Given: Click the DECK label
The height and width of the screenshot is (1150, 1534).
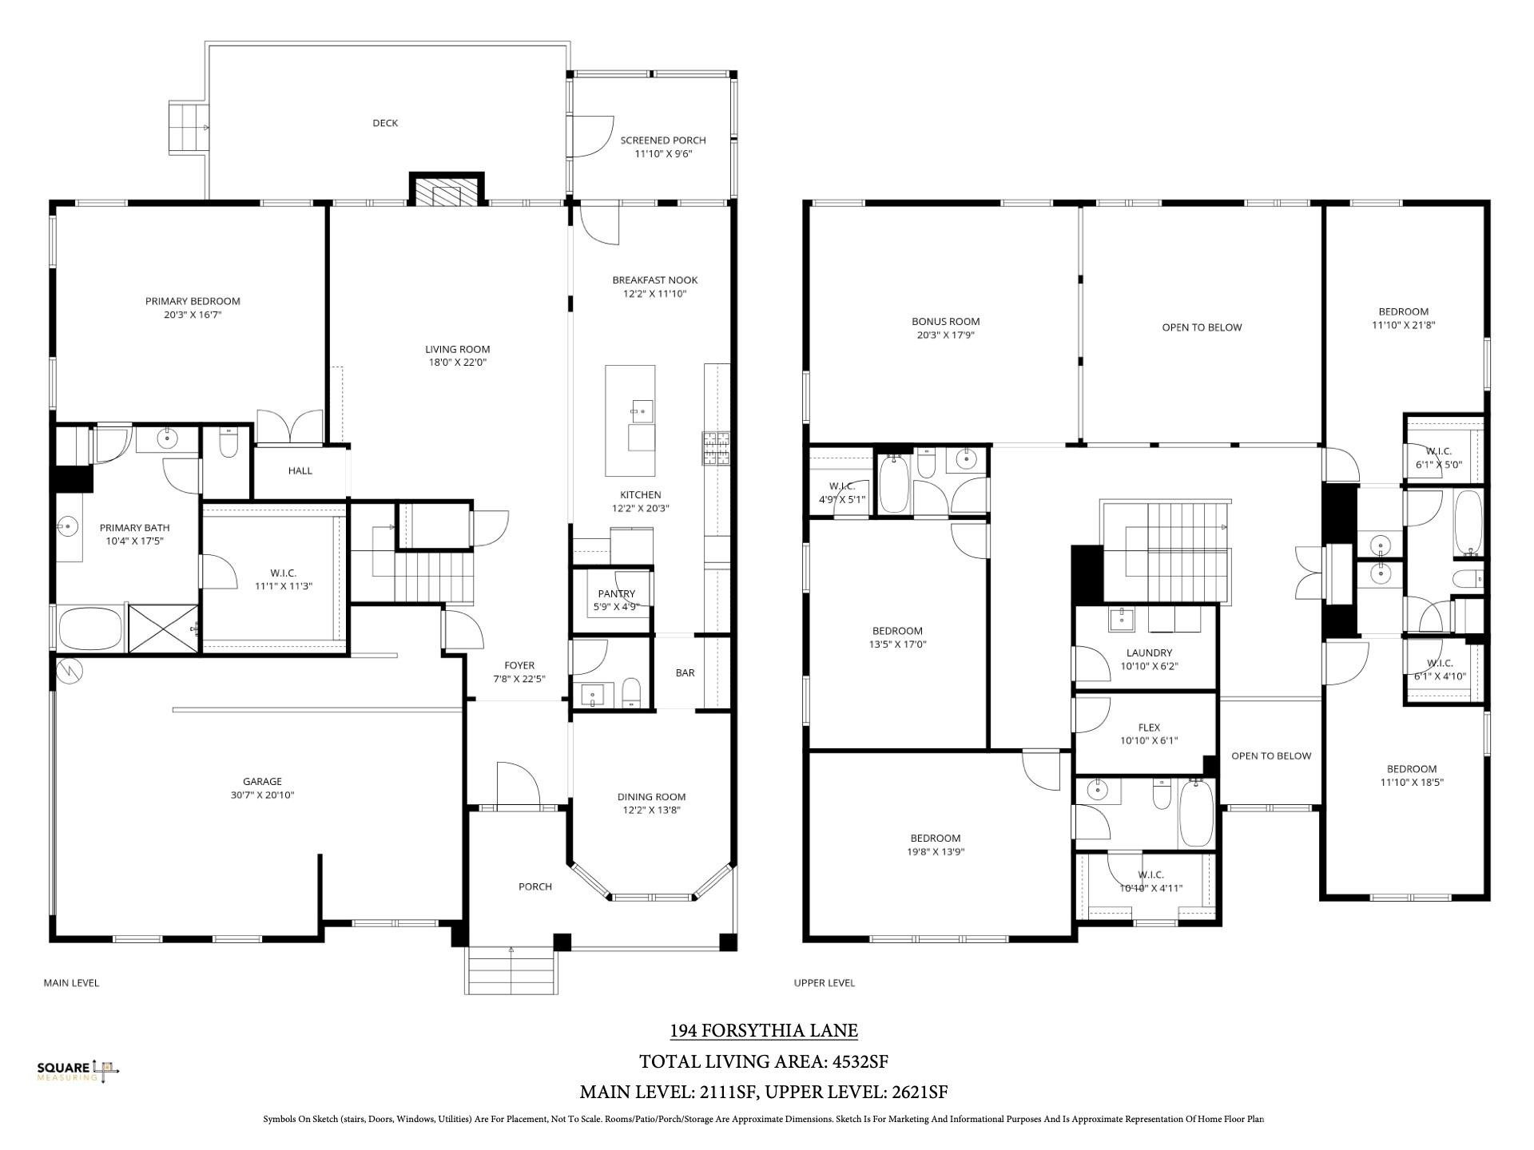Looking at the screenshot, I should (385, 123).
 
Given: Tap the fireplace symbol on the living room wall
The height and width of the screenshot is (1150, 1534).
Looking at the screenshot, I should (447, 192).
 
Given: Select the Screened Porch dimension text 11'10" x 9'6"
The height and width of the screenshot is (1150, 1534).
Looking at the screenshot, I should (663, 154).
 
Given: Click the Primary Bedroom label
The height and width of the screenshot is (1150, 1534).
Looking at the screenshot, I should (193, 301).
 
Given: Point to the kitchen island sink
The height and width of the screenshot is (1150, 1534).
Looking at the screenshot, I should (642, 412).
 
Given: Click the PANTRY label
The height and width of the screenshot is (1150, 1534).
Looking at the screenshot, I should (616, 593).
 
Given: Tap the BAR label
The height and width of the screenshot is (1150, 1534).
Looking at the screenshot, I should (685, 673).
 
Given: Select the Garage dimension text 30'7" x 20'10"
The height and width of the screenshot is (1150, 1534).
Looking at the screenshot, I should (262, 795).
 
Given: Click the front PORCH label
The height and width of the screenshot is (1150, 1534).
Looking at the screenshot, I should (535, 886).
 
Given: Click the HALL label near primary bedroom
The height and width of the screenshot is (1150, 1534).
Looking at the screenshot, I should (300, 471).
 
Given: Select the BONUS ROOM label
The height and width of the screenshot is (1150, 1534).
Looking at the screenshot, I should (945, 322).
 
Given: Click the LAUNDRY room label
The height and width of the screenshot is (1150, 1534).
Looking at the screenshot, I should (1148, 653).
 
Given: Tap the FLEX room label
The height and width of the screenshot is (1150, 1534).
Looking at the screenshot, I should (1148, 728).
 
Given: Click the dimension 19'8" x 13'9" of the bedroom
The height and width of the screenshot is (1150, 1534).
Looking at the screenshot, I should (935, 852).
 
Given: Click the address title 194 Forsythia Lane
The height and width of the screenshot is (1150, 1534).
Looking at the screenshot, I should (763, 1031).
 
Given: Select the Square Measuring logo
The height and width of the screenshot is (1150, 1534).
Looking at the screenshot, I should (77, 1071).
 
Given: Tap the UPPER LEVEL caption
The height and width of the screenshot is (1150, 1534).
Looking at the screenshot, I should (824, 983).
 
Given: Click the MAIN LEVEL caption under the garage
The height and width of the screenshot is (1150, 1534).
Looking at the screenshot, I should (71, 983).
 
